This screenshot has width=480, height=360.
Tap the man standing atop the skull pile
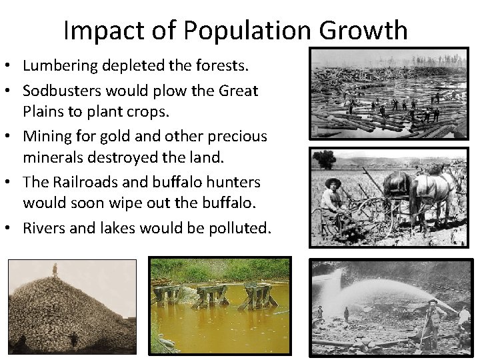tap(55, 270)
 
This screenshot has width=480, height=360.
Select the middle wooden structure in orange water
tap(211, 294)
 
